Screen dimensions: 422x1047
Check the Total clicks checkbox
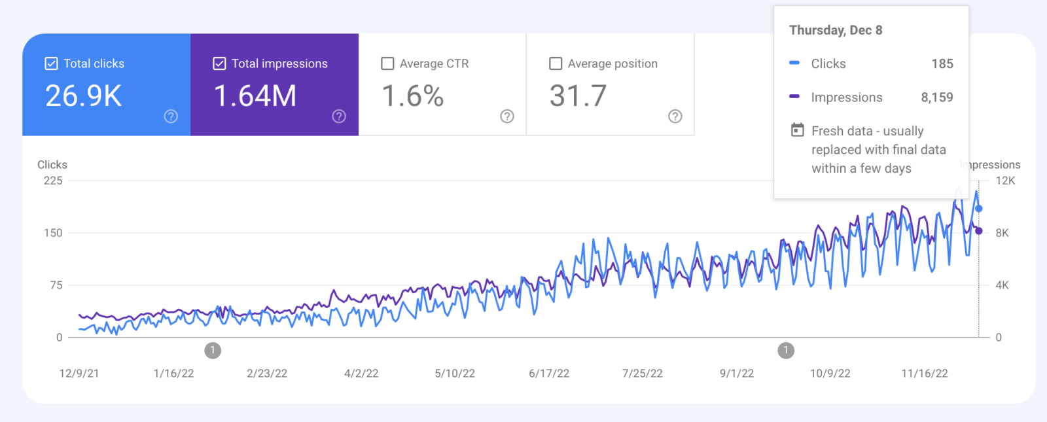tap(51, 63)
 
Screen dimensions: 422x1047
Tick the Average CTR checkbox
tap(387, 63)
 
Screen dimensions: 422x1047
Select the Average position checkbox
tap(556, 63)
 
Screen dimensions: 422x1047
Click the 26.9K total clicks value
tap(84, 96)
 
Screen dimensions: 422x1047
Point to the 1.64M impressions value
tap(255, 96)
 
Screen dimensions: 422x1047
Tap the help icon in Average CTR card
tap(507, 116)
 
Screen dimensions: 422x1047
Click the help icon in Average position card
tap(675, 116)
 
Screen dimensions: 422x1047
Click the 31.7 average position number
tap(578, 96)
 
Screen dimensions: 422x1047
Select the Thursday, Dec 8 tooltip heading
tap(836, 30)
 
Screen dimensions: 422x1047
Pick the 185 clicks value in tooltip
tap(942, 63)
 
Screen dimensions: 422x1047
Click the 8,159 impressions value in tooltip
tap(937, 97)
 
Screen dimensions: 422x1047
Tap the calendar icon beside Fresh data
tap(797, 130)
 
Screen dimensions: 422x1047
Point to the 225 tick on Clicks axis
tap(53, 181)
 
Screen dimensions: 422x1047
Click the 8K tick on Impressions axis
tap(1002, 233)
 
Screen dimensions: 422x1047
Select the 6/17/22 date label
tap(549, 374)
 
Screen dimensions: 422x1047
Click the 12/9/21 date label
tap(79, 374)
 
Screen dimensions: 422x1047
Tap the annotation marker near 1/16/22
tap(213, 351)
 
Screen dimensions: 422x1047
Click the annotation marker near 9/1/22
tap(786, 351)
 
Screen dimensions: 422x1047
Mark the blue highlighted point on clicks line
tap(979, 209)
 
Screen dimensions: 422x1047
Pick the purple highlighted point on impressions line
tap(979, 231)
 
